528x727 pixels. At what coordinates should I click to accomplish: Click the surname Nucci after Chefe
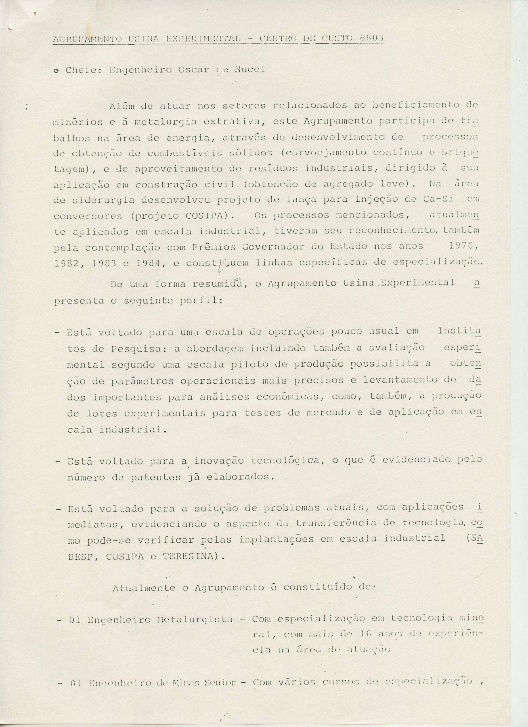(250, 70)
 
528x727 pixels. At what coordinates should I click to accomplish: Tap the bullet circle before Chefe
(56, 70)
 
